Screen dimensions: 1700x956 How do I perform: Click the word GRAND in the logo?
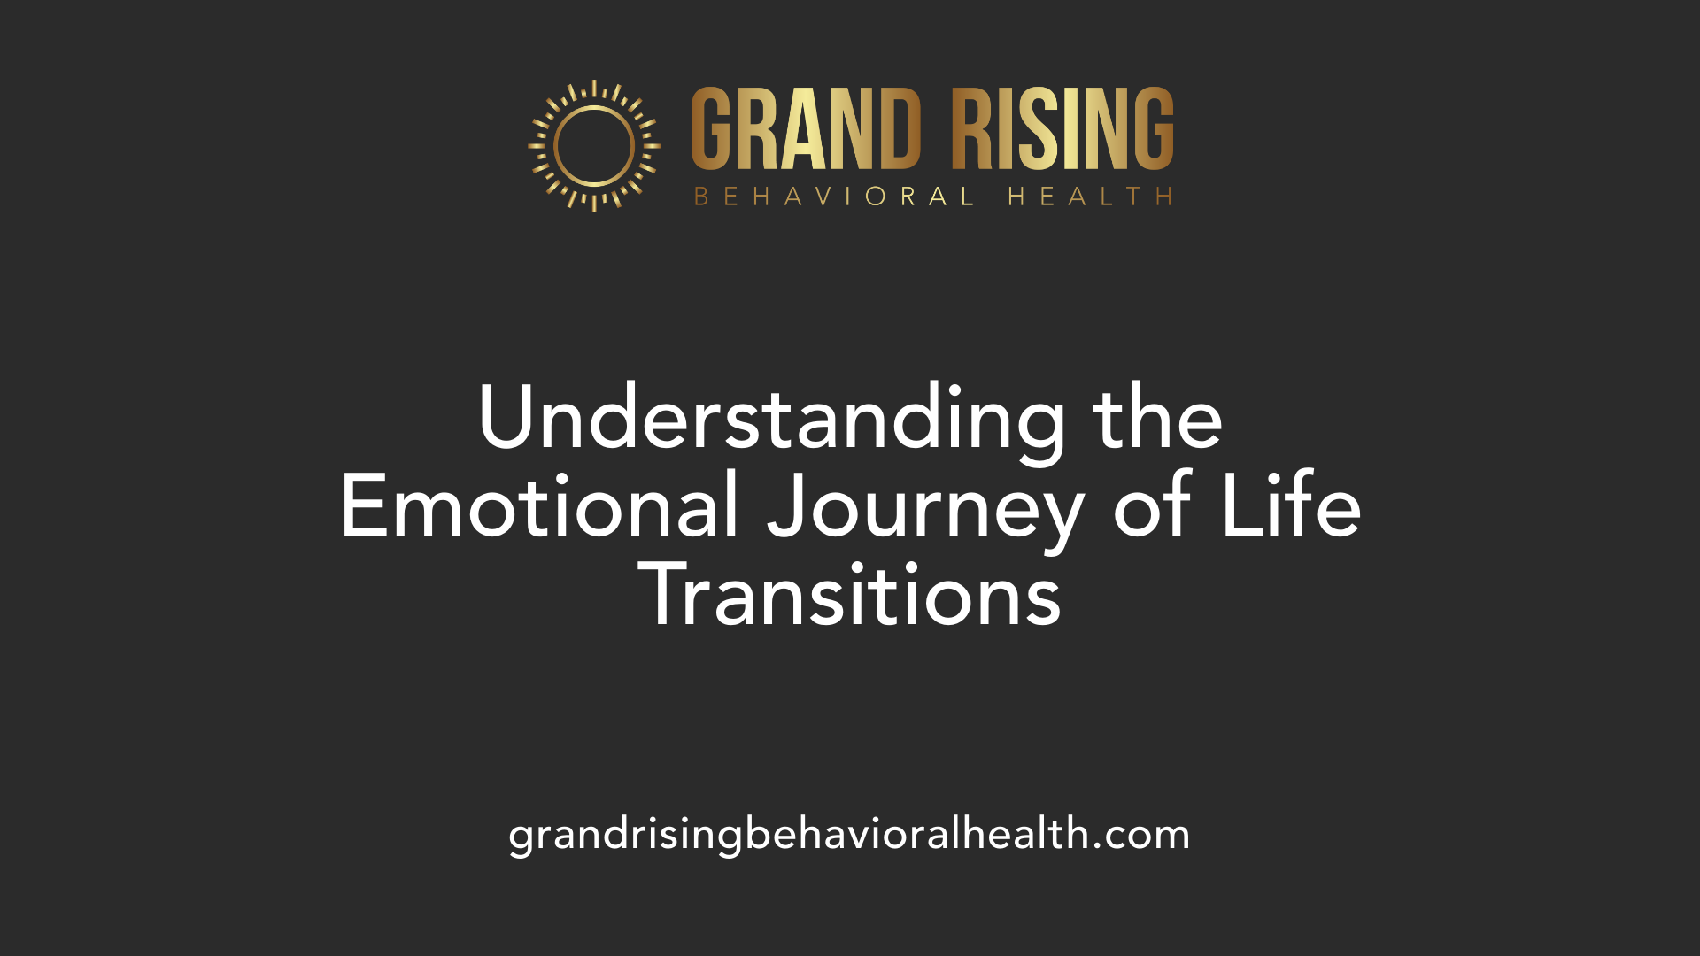pos(806,128)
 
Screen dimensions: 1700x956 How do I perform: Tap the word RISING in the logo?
pos(1062,128)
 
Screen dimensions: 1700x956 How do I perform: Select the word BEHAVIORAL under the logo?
pos(834,196)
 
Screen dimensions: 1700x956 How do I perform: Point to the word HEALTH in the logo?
pos(1091,196)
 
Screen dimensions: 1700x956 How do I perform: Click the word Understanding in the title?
pos(772,418)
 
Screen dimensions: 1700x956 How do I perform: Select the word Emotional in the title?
pos(539,505)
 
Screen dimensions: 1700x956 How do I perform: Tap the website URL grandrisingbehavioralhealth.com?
pos(849,836)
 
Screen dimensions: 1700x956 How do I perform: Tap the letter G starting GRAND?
pos(714,128)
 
